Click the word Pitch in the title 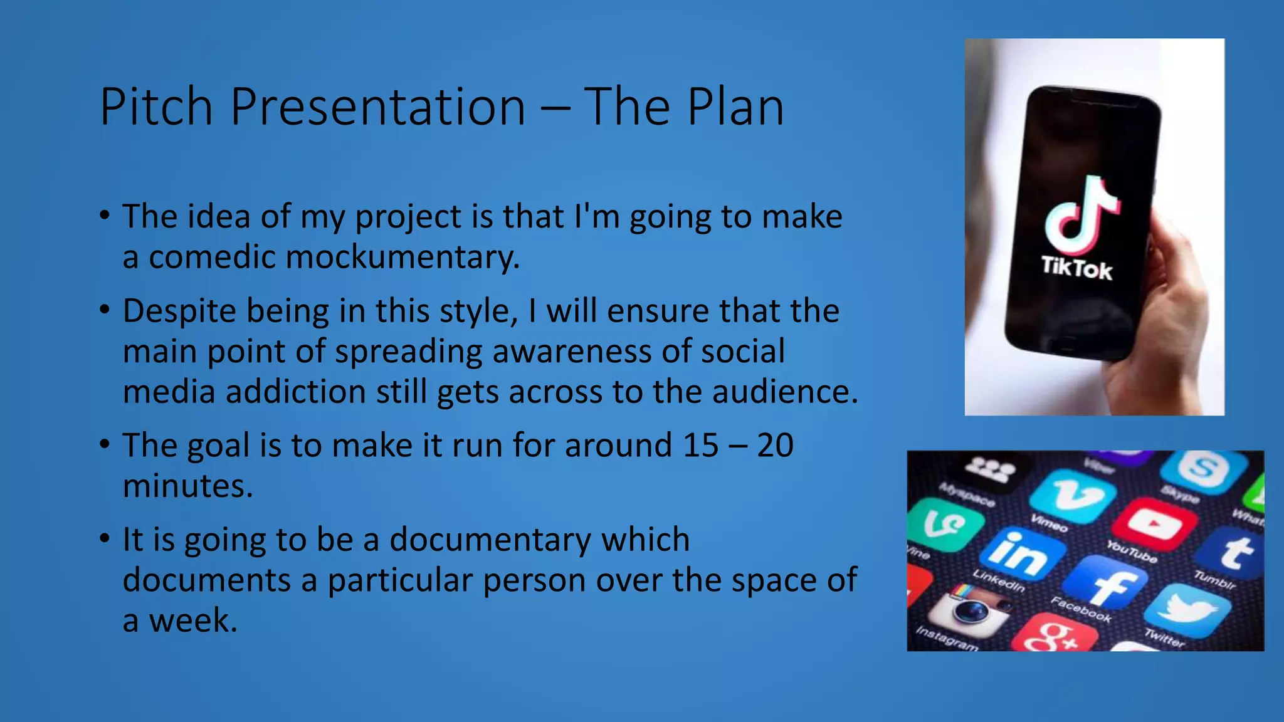tap(156, 107)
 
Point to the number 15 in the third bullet tap(700, 446)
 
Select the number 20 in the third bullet tap(775, 446)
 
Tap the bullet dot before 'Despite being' tap(105, 310)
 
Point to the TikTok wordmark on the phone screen tap(1076, 268)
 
